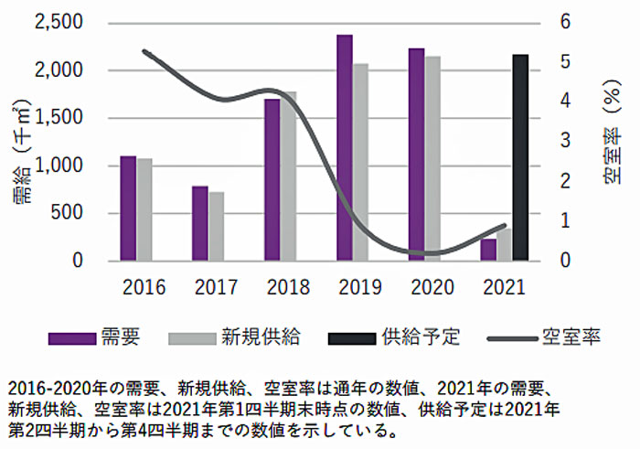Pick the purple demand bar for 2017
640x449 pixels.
[x=199, y=223]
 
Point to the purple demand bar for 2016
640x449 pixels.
[x=128, y=208]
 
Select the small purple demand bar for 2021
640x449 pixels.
[x=488, y=250]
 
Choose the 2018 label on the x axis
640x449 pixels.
[x=288, y=286]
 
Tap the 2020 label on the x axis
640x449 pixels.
[x=432, y=286]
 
